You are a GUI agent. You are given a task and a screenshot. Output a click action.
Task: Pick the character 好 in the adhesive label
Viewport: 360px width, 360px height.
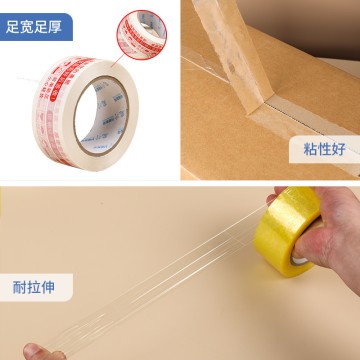click(x=335, y=150)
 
